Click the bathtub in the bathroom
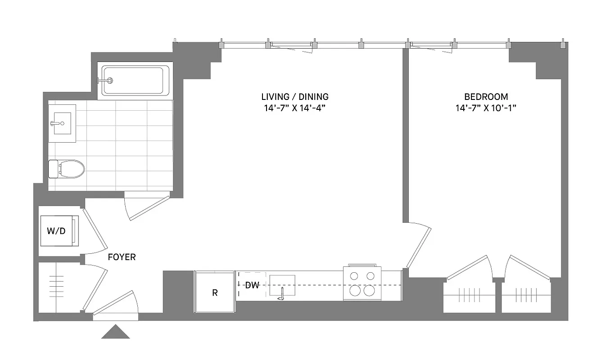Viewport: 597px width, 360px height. pos(136,81)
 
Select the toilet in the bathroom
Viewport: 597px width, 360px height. pos(68,169)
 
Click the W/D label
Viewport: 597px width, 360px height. pos(56,231)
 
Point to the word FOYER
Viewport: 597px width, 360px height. pos(122,257)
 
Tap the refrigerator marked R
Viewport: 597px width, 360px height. pos(215,292)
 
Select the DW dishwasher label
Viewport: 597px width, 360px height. pos(252,285)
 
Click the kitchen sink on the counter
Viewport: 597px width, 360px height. pos(282,286)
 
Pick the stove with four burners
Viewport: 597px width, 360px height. pos(363,283)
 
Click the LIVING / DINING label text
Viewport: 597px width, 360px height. pos(295,97)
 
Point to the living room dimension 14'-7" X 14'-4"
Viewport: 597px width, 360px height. pos(295,108)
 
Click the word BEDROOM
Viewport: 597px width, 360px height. pos(486,97)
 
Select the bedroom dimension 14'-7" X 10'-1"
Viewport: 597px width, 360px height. pos(486,108)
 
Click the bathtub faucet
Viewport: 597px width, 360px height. pos(108,81)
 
